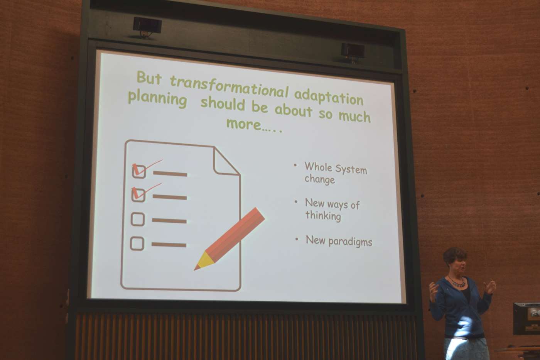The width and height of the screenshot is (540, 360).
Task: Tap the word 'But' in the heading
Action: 149,78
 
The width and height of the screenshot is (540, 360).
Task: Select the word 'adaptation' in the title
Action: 329,98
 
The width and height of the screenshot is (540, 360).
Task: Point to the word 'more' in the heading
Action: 244,124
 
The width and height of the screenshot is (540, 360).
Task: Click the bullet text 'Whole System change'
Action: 336,173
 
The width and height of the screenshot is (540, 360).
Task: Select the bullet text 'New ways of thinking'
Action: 332,209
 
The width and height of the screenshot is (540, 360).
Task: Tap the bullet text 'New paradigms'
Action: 339,241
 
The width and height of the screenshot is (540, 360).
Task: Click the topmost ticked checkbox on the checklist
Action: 139,172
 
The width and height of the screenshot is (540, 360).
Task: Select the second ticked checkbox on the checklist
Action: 138,195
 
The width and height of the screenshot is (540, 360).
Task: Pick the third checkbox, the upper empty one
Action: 138,219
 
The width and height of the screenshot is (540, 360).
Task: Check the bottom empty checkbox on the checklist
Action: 137,243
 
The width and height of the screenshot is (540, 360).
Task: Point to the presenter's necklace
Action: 456,282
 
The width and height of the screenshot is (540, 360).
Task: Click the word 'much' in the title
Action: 354,116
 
